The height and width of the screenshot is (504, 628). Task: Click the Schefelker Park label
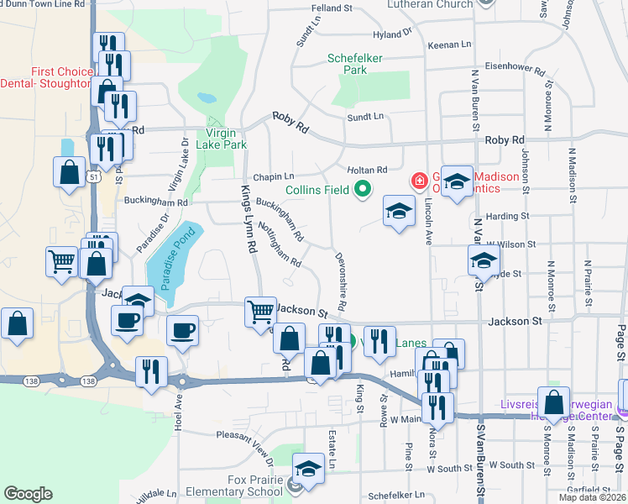coord(359,65)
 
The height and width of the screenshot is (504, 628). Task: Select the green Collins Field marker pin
coord(363,190)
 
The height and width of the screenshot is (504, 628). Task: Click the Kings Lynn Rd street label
coord(249,219)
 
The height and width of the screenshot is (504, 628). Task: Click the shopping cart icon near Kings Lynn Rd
coord(260,311)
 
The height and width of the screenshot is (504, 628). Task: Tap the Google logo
coord(28,493)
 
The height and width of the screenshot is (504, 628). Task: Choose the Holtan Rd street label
coord(369,170)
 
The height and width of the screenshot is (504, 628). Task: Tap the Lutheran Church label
coord(430,5)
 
